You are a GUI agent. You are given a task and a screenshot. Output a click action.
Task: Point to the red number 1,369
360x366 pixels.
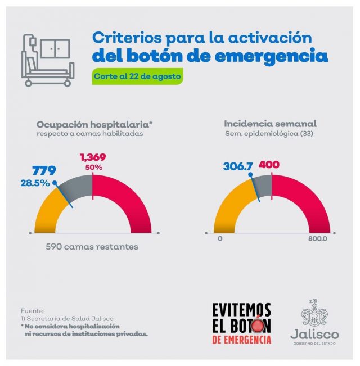[x=93, y=158]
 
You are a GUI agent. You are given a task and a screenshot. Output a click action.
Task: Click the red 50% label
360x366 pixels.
[x=93, y=168]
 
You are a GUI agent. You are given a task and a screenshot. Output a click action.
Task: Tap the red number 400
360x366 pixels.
[x=269, y=165]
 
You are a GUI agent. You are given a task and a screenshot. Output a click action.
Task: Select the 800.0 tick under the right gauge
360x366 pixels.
[x=317, y=238]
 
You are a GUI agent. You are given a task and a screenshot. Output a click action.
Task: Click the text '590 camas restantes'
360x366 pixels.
[x=92, y=247]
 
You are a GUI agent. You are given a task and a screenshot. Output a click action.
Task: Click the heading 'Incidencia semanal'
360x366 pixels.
[x=270, y=123]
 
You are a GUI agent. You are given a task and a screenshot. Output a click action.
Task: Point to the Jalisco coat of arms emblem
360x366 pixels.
[x=313, y=314]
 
